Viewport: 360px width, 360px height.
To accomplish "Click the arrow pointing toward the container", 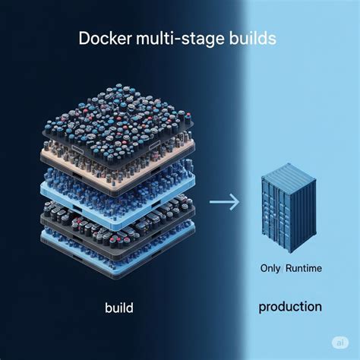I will [224, 201].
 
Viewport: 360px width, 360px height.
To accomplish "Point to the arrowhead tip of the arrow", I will [238, 201].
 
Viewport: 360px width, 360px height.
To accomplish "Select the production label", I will [289, 307].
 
